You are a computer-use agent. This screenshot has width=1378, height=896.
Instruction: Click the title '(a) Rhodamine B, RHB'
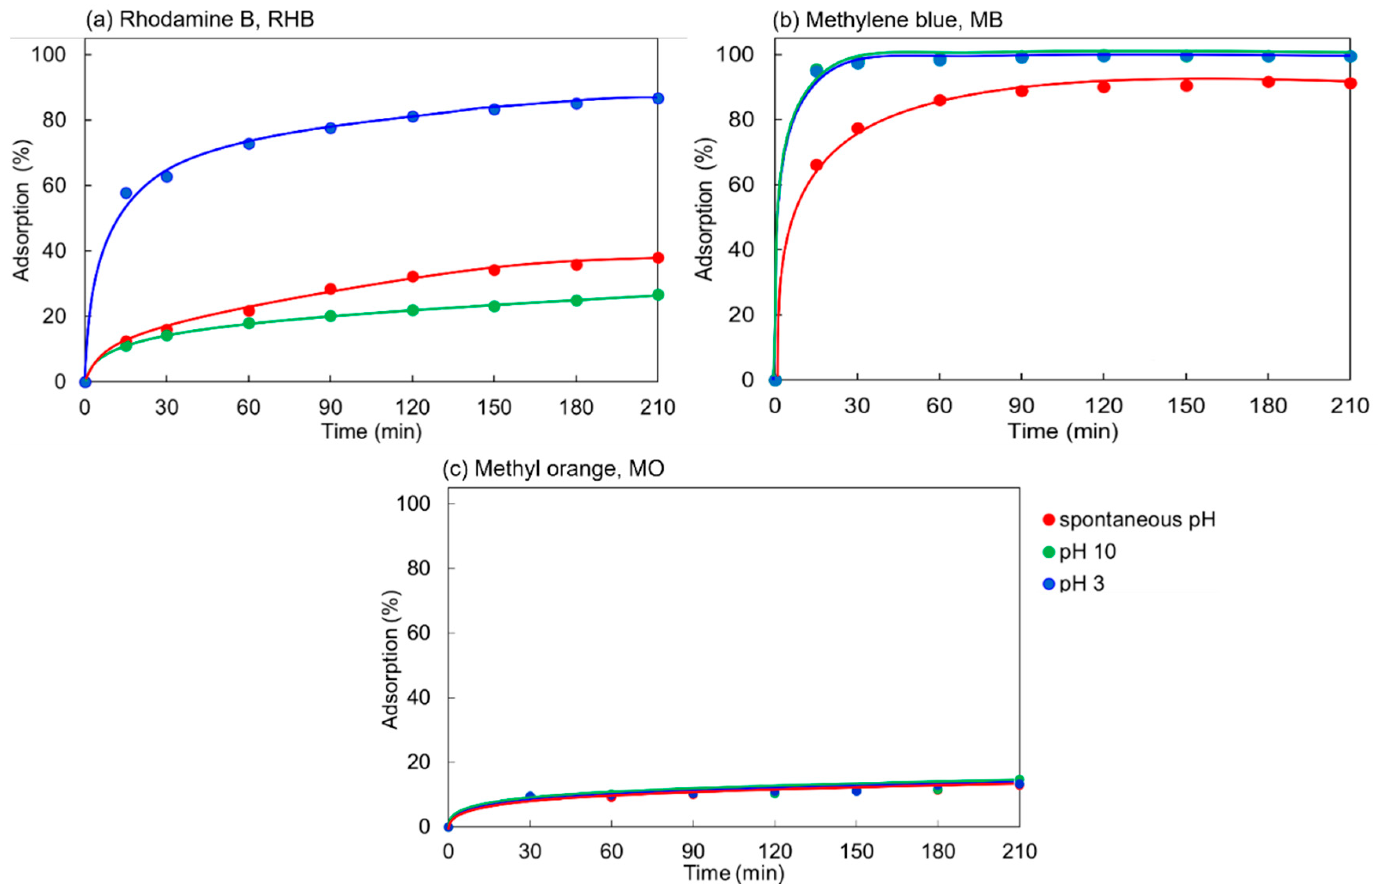point(200,19)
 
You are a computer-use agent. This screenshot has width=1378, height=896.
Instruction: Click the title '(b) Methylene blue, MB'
point(888,19)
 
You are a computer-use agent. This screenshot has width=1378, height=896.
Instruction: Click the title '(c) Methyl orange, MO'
point(553,468)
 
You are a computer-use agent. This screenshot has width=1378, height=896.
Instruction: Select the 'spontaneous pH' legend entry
point(1129,519)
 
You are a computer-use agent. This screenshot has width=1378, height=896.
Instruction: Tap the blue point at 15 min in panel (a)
point(126,193)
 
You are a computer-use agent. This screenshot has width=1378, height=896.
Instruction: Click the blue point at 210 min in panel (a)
point(658,99)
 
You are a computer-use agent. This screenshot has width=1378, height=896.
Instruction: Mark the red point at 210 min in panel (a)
point(658,257)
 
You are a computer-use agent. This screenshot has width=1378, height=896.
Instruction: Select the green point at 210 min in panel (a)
point(658,295)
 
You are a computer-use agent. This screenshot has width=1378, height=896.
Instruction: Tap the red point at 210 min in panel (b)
point(1350,83)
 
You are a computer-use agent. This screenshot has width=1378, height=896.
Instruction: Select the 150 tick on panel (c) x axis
point(856,851)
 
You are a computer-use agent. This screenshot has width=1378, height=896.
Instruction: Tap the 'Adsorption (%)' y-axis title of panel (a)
point(22,211)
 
